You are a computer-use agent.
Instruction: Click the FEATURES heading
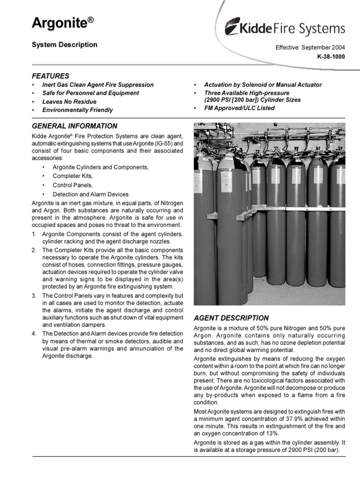(50, 76)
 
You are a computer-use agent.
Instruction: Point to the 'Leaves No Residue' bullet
(69, 102)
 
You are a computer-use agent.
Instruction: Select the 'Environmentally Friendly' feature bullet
(77, 110)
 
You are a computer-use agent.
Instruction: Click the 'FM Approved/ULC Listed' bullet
(240, 108)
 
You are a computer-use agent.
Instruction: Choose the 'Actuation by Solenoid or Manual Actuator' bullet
(263, 85)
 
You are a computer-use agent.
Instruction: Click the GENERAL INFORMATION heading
(74, 126)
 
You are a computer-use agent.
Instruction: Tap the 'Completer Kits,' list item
(73, 176)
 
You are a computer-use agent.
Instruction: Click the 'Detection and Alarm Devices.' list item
(91, 194)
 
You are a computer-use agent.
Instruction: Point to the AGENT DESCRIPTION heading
(231, 318)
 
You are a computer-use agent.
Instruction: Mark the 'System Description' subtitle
(64, 45)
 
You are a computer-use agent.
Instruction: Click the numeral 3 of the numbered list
(34, 296)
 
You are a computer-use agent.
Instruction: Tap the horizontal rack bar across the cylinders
(300, 209)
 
